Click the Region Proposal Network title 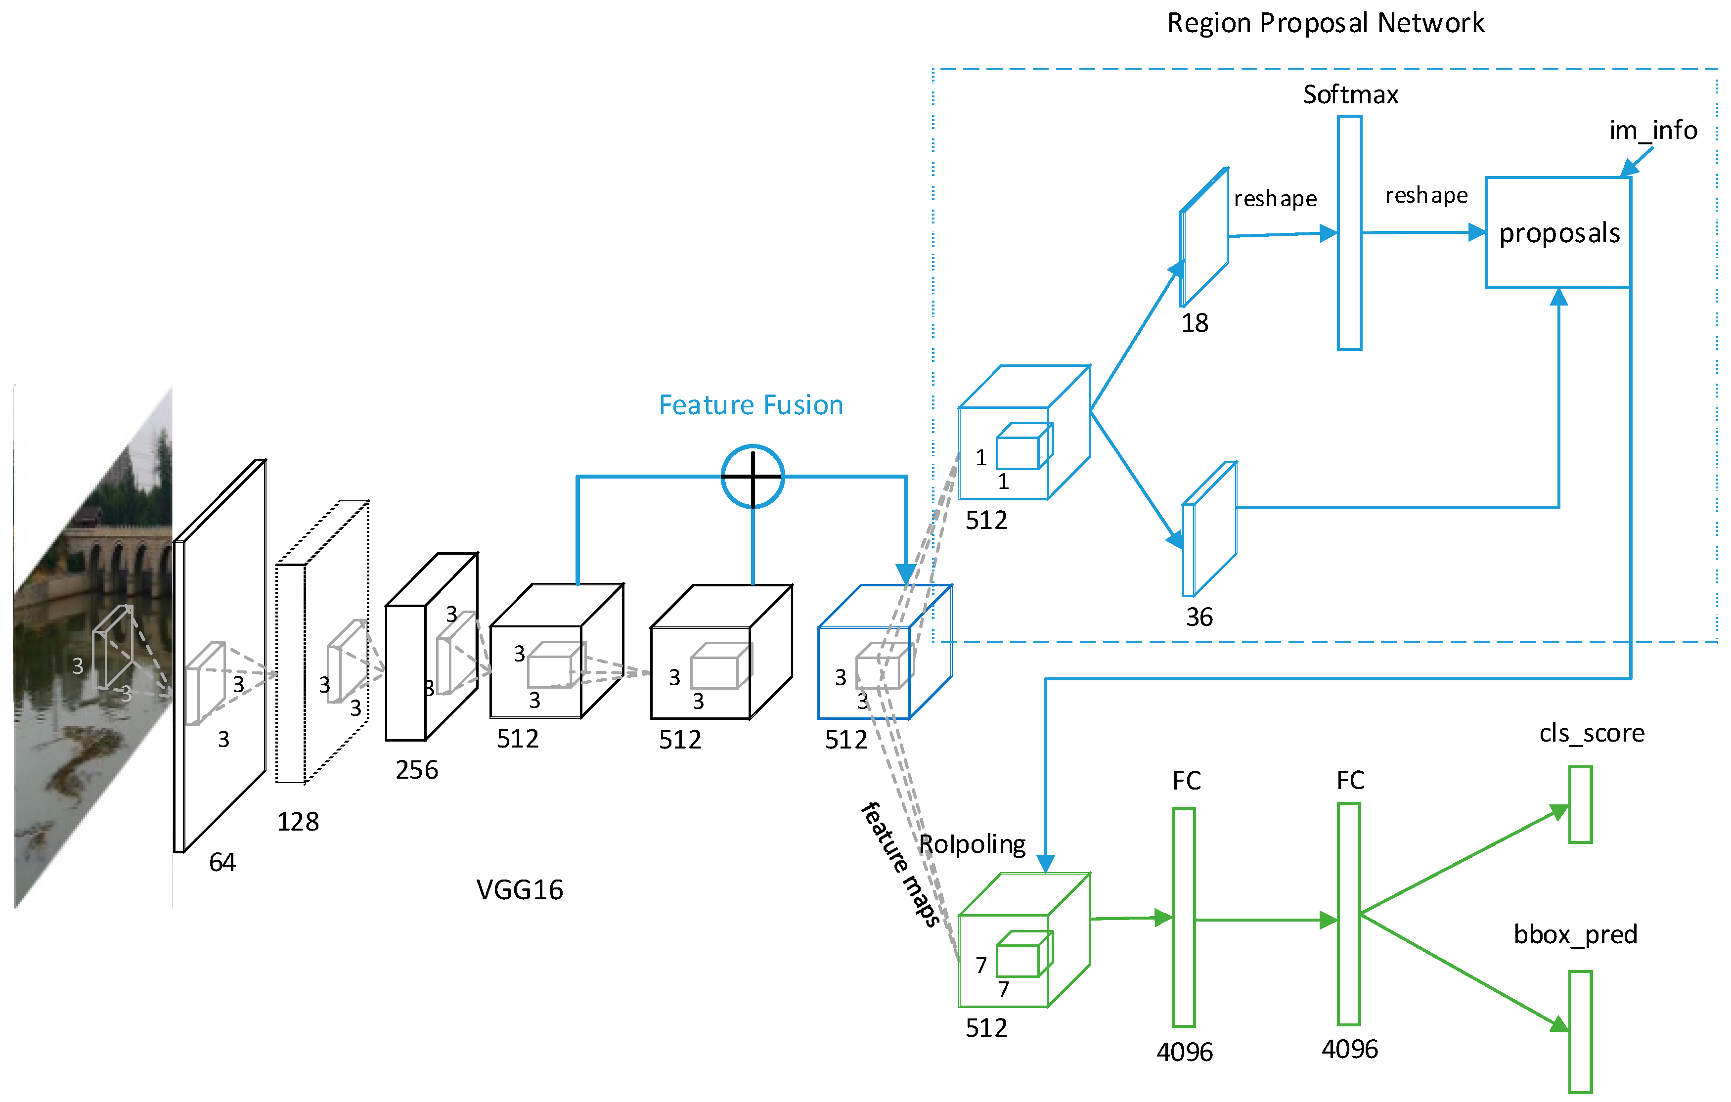point(1325,23)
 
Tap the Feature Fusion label point(751,405)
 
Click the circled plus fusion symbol point(753,477)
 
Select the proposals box point(1558,232)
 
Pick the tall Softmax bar point(1349,233)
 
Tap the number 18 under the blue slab point(1195,323)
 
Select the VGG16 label point(520,890)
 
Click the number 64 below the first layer point(222,862)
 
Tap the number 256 point(416,770)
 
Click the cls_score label point(1592,733)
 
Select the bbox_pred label point(1575,934)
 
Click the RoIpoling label point(972,844)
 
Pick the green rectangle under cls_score point(1580,804)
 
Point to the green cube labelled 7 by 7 point(1023,942)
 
